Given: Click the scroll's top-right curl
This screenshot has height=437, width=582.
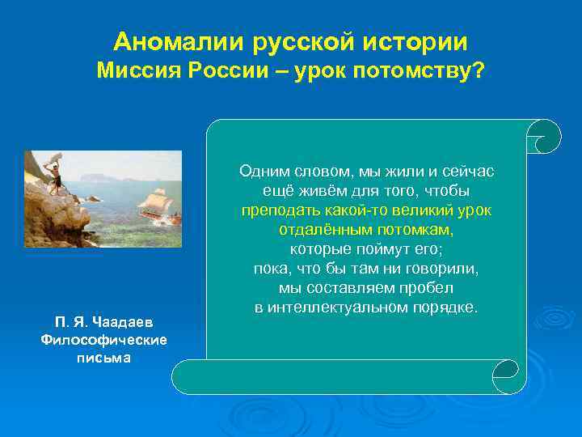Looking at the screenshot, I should point(542,136).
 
